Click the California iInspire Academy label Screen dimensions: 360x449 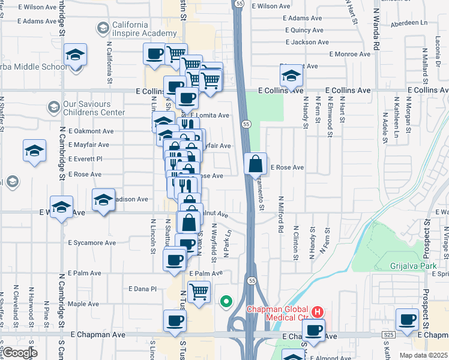point(130,29)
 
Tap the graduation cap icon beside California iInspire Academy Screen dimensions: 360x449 point(102,28)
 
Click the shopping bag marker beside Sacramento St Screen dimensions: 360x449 point(255,164)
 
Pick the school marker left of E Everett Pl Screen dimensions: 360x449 point(35,152)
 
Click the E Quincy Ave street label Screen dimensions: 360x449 point(307,29)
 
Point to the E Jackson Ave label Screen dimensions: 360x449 point(307,43)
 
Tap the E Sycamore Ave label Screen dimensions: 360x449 point(92,243)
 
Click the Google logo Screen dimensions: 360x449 point(20,353)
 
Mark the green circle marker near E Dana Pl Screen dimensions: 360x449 point(226,301)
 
